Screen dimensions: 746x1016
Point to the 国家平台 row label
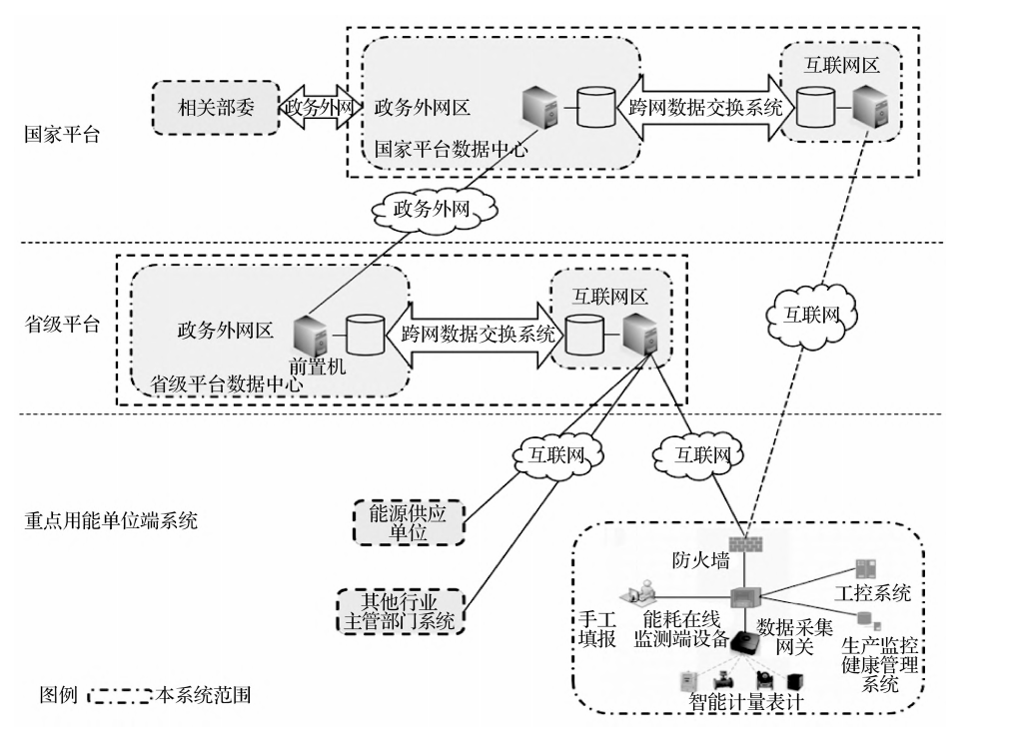62,136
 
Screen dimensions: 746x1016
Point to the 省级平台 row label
62,325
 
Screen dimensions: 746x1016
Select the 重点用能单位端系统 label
112,520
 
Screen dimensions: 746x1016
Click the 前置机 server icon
308,334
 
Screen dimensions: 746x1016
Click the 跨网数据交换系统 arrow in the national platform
705,106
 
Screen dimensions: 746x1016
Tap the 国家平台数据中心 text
451,149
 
